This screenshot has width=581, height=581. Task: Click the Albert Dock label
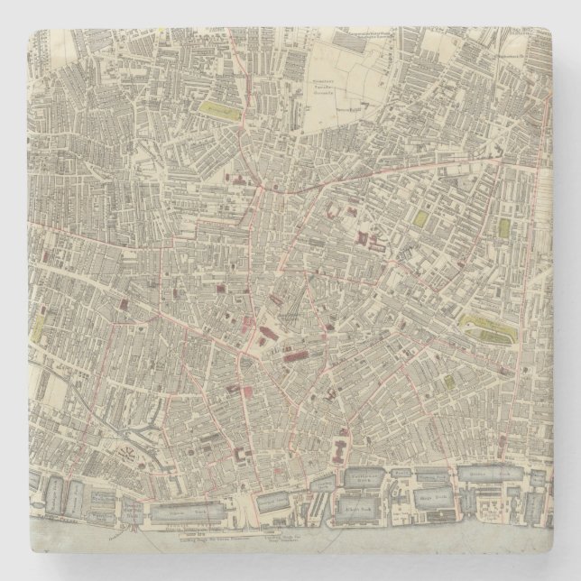pos(358,510)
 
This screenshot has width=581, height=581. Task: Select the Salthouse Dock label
pos(364,475)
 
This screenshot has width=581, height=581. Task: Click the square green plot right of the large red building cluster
pos(420,217)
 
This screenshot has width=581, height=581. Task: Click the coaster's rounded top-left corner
pos(32,30)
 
